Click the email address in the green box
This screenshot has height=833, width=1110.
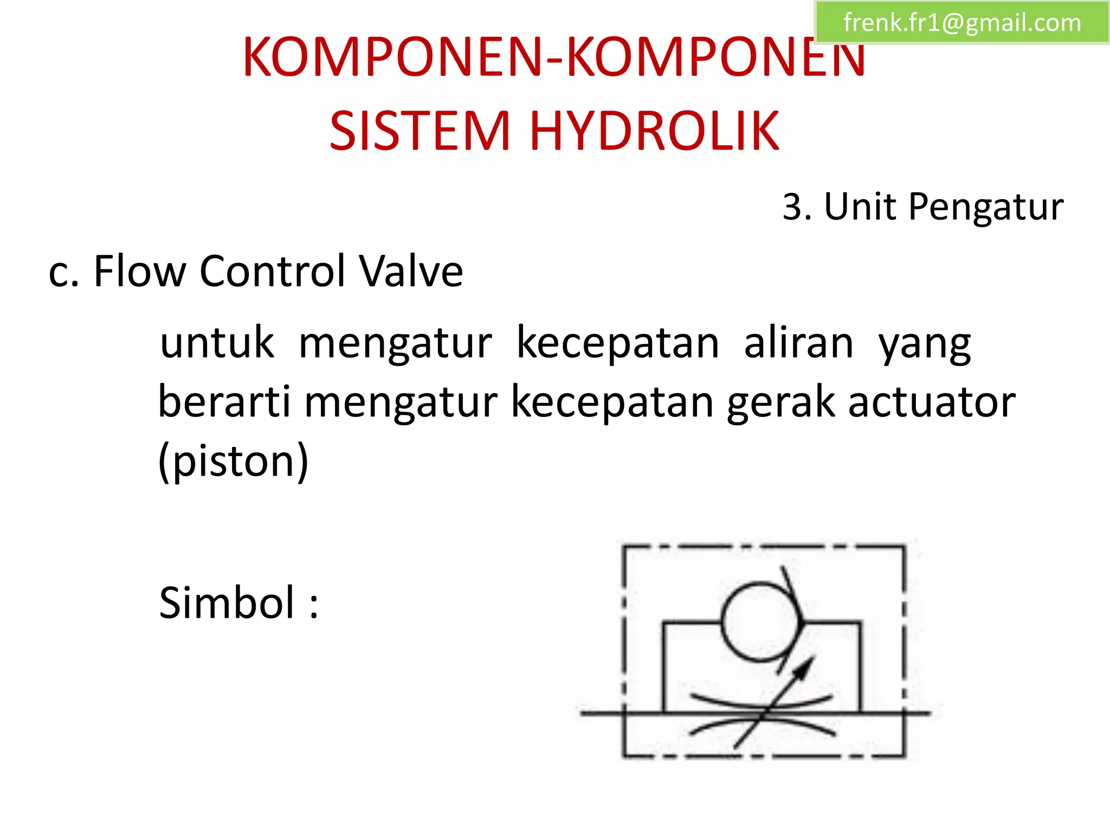click(962, 23)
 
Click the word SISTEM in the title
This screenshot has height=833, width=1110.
click(420, 131)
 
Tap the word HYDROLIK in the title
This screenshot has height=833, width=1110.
click(654, 131)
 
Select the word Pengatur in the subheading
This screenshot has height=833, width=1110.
click(986, 208)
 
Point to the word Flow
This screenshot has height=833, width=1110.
click(140, 271)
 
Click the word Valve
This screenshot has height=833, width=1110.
click(411, 271)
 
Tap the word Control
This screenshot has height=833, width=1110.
click(273, 271)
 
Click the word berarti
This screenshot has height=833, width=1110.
click(224, 402)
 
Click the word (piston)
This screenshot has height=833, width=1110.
click(234, 462)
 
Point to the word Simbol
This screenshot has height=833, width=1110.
click(227, 603)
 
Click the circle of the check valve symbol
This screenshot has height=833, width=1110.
click(761, 621)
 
